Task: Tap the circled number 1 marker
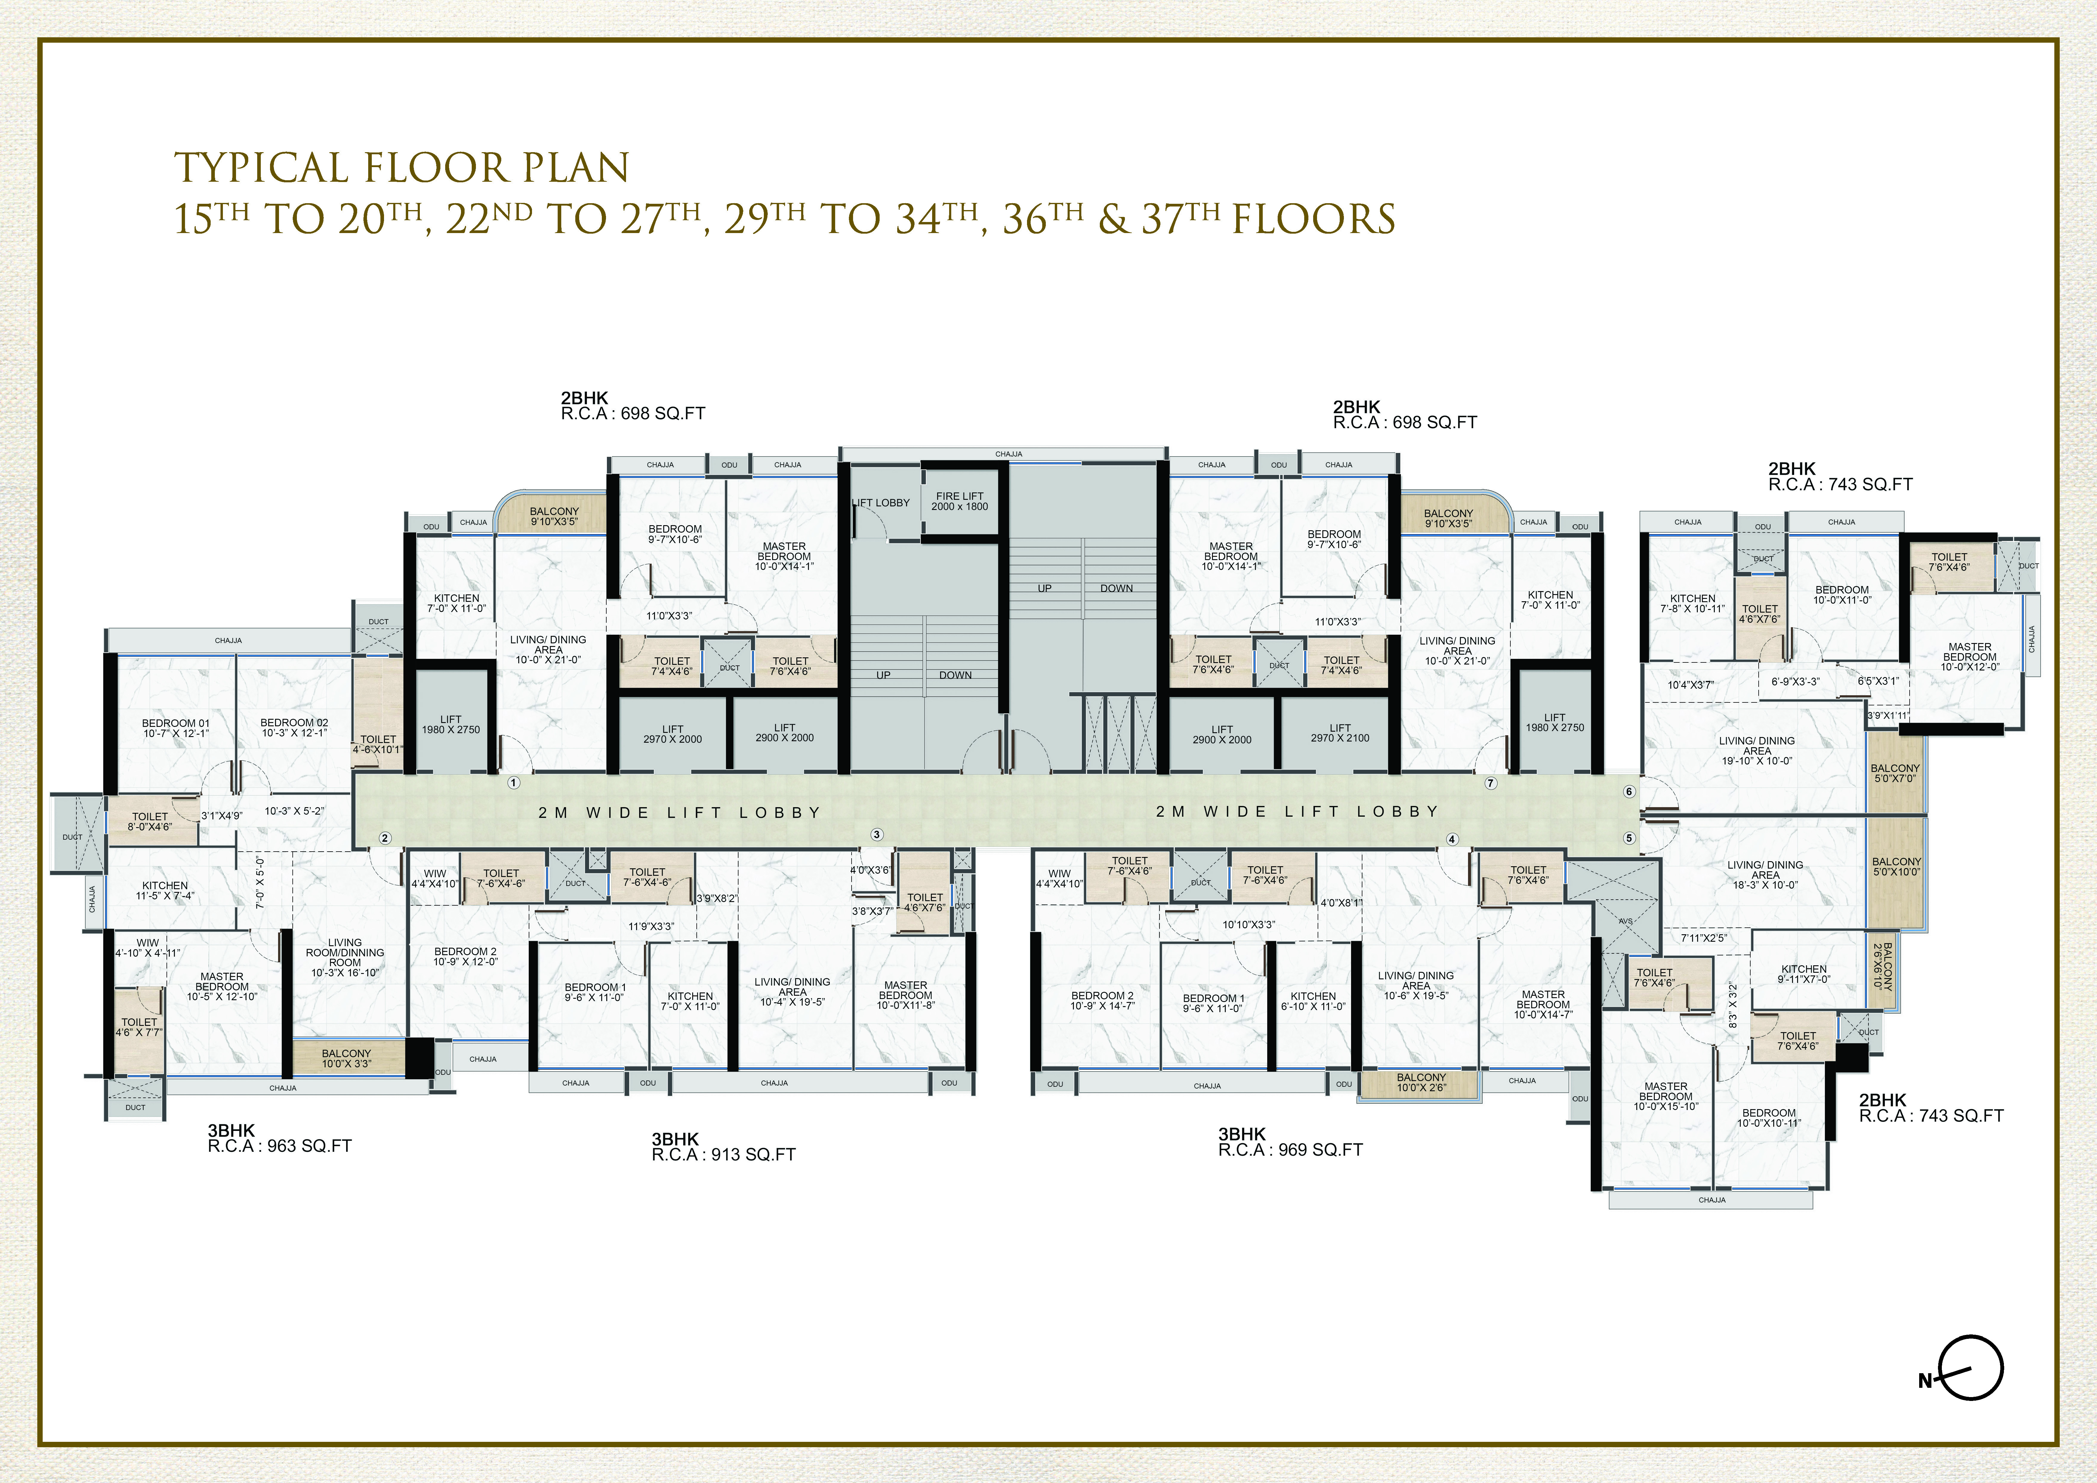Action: coord(514,783)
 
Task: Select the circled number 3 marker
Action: coord(877,834)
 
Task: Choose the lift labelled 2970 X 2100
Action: coord(1340,733)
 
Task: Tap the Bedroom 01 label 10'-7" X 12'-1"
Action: coord(175,728)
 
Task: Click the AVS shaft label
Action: coord(1625,921)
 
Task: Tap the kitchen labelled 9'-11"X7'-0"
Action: coord(1804,973)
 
